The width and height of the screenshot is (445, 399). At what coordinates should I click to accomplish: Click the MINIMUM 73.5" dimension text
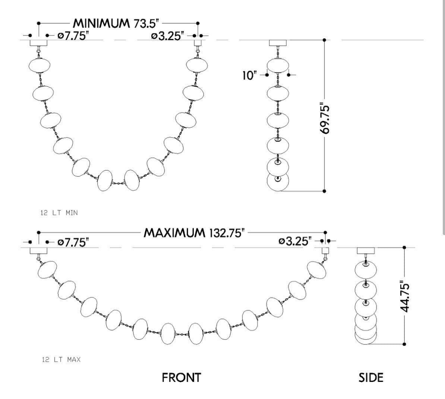tap(116, 23)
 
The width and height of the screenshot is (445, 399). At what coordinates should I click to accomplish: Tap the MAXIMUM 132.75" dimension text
tap(194, 233)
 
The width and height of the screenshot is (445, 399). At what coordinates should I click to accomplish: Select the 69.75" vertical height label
tap(324, 119)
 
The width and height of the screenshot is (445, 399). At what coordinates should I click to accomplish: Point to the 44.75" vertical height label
tap(404, 297)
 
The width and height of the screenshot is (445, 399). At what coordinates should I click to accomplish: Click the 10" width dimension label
tap(249, 76)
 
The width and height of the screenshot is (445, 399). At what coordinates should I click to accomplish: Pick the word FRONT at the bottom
tap(182, 378)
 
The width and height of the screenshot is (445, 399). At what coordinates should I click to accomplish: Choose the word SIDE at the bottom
tap(371, 378)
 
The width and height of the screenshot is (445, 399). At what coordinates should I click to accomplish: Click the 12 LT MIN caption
tap(59, 213)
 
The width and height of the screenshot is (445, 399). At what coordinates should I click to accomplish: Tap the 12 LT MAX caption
tap(61, 359)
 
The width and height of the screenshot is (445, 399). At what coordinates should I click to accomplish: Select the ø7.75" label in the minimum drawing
tap(73, 36)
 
